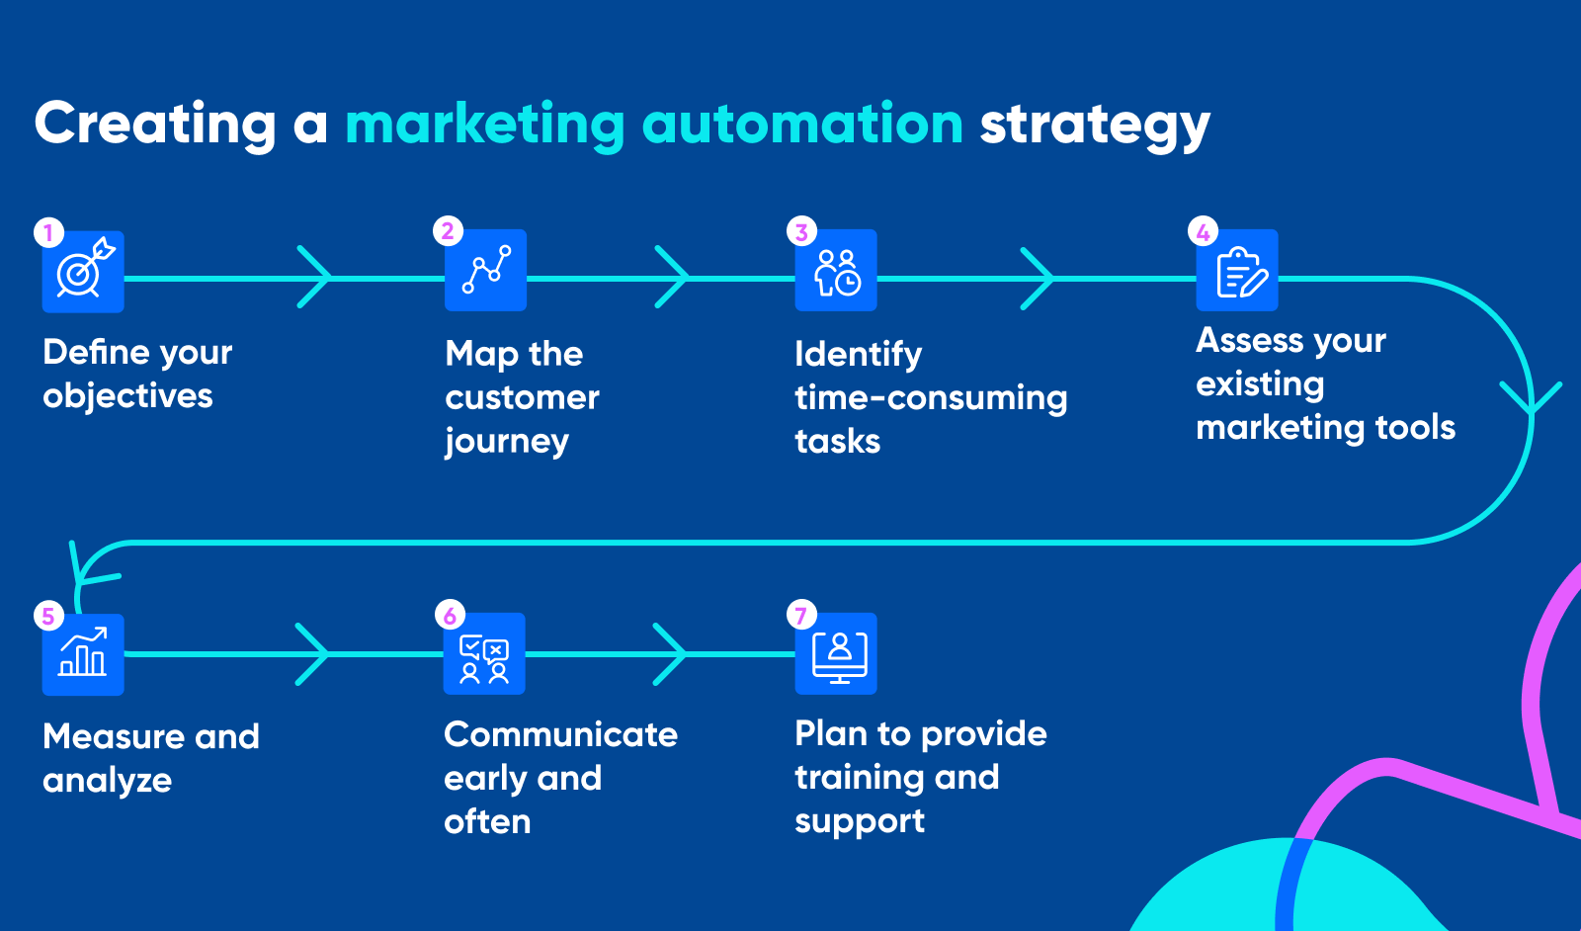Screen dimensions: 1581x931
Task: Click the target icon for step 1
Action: (x=83, y=272)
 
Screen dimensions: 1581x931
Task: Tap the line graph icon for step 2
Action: (x=485, y=271)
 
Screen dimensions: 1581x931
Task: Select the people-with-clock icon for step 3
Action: (x=836, y=271)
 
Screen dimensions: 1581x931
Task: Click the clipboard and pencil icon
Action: (x=1237, y=271)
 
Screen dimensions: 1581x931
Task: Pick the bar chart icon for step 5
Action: (x=83, y=654)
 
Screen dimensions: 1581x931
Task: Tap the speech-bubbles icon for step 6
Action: (x=484, y=653)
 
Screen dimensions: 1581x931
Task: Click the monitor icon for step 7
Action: (x=836, y=653)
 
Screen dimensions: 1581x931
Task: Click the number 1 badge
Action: (x=48, y=232)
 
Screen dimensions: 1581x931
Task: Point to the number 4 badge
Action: (x=1204, y=231)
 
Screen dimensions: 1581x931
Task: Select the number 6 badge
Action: (x=451, y=615)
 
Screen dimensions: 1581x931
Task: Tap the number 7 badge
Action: (x=801, y=615)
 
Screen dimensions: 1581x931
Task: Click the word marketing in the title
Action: (x=485, y=125)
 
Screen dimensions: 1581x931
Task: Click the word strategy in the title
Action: (x=1095, y=125)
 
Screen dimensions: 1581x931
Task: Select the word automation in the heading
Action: (x=802, y=125)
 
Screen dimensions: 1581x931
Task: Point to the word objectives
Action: (x=127, y=395)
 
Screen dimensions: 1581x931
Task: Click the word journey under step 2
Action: (x=507, y=442)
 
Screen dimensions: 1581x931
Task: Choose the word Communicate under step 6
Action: (x=561, y=734)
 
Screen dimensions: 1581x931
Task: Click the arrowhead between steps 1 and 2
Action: (x=314, y=277)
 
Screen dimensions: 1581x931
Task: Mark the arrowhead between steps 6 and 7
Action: (x=669, y=654)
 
